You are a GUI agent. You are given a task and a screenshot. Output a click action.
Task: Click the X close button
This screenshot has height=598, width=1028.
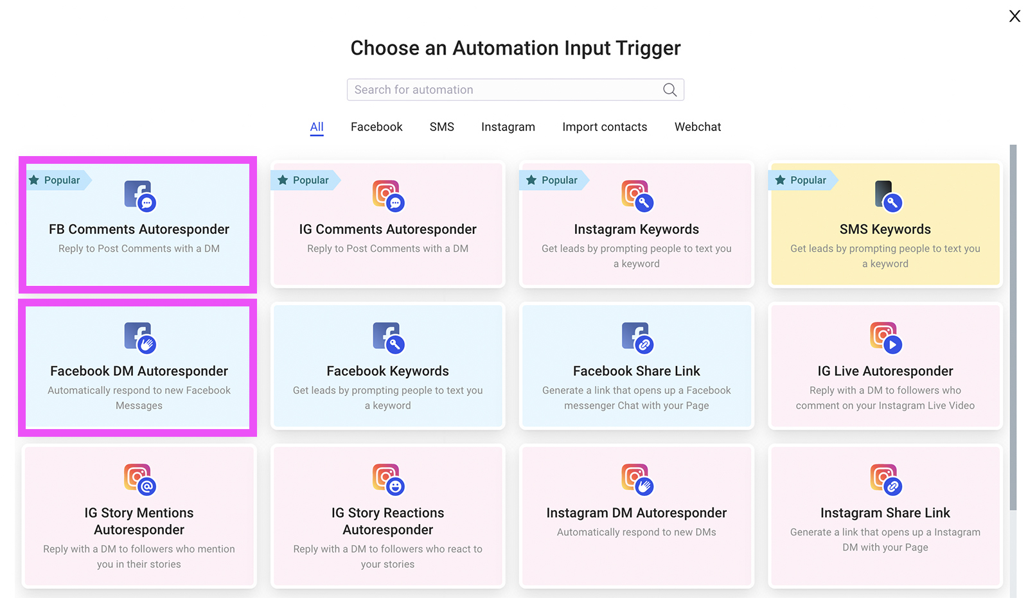pos(1015,16)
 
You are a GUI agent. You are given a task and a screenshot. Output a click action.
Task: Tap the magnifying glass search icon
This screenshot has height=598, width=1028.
pos(669,90)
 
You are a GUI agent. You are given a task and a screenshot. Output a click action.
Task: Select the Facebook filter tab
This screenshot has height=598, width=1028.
pos(377,127)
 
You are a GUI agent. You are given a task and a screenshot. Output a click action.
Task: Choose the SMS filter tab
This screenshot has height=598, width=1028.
pos(441,127)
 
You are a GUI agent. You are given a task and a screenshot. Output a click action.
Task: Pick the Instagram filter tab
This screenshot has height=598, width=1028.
pos(508,127)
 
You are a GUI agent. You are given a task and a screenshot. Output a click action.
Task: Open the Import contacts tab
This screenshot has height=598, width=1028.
pos(605,127)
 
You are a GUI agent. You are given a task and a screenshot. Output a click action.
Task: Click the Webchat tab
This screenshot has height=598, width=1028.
pos(697,127)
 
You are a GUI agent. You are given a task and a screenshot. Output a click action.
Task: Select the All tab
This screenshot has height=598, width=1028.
pos(317,127)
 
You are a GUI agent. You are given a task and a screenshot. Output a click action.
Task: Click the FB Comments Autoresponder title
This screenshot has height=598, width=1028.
pos(139,229)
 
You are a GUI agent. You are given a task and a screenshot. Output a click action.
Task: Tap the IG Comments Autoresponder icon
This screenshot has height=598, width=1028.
pos(388,195)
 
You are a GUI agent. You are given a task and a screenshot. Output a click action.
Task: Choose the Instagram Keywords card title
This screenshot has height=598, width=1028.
pos(636,229)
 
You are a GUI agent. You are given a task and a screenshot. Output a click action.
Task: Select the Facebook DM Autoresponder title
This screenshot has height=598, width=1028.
pos(139,371)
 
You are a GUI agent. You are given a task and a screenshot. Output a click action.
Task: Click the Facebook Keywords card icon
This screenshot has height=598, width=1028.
pos(388,337)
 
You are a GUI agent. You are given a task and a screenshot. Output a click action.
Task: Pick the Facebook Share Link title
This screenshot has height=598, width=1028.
pos(636,371)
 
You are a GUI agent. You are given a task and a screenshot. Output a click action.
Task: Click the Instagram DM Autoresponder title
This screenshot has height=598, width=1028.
pos(636,513)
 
